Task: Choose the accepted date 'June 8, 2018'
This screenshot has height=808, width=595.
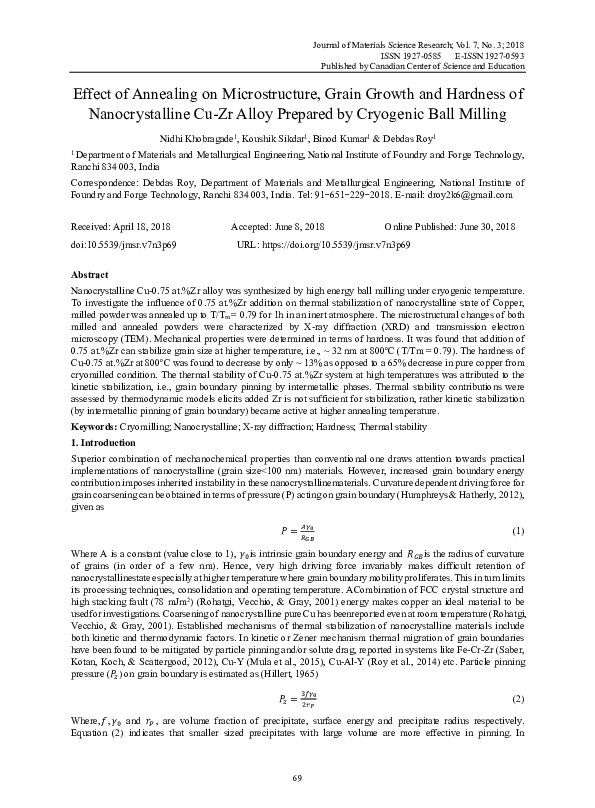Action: [x=290, y=228]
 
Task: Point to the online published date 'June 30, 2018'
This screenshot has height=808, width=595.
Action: [x=490, y=228]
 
